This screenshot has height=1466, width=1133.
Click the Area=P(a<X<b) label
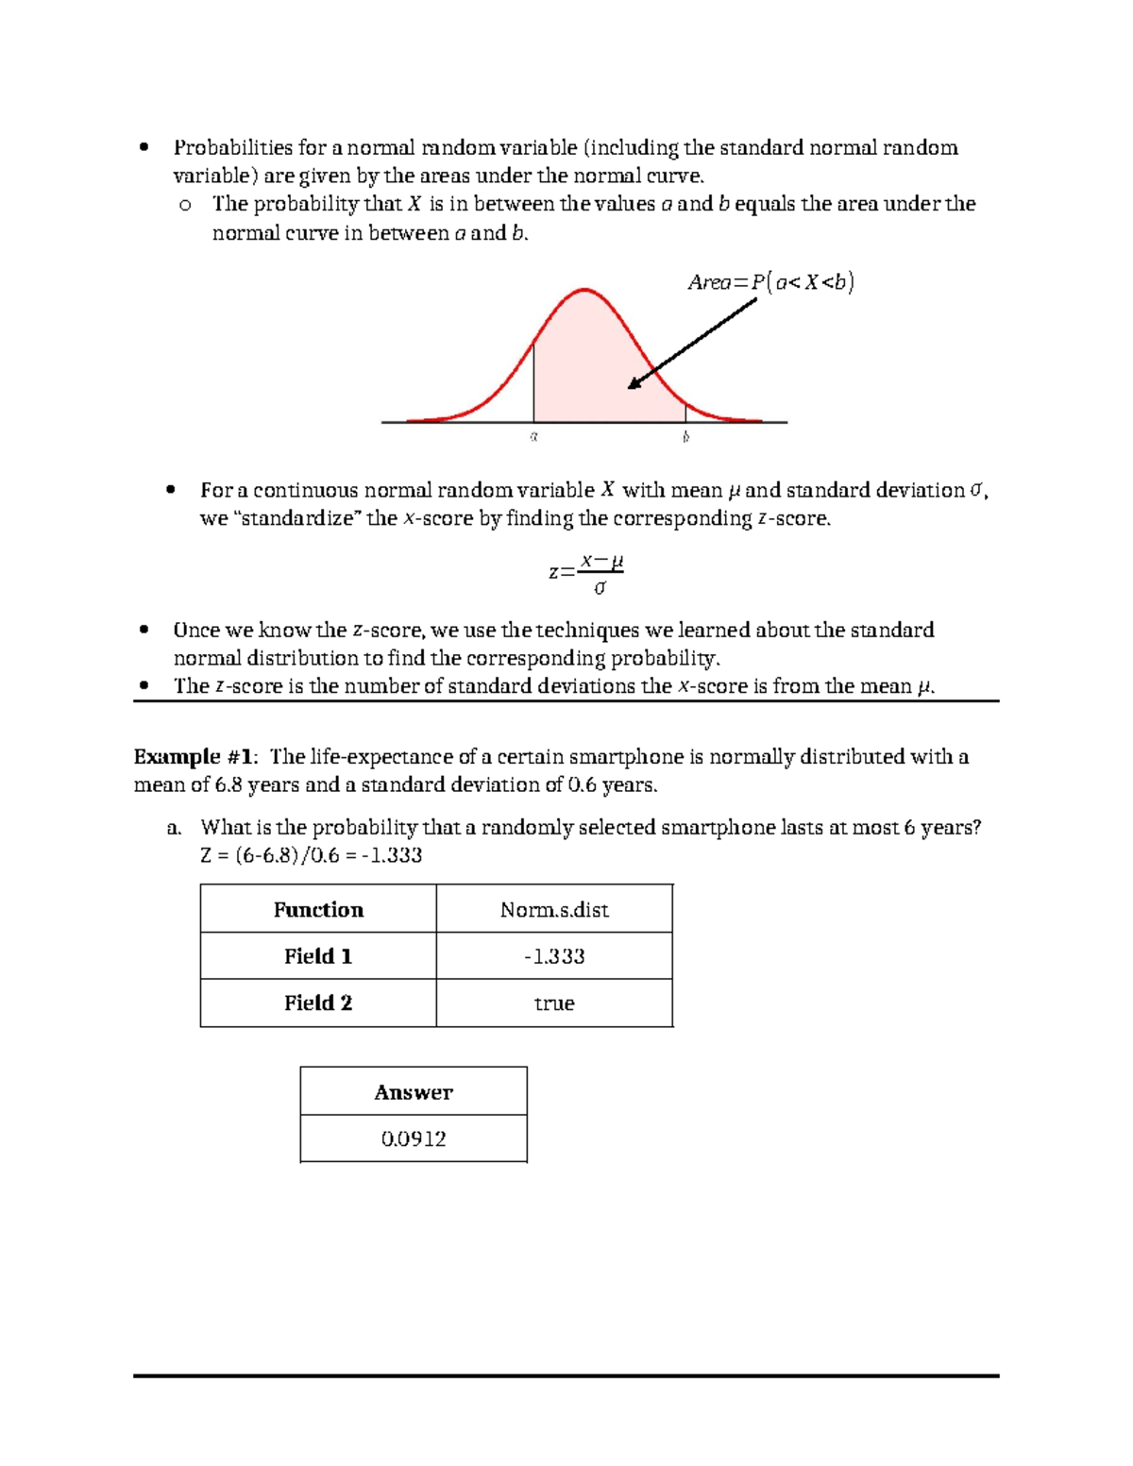click(x=770, y=282)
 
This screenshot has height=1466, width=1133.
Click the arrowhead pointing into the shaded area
click(x=634, y=384)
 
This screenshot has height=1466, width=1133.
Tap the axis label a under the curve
click(x=533, y=437)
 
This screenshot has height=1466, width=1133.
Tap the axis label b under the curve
click(x=686, y=437)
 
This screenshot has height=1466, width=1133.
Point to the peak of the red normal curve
click(x=585, y=290)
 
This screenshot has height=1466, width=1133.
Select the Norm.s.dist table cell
click(x=554, y=910)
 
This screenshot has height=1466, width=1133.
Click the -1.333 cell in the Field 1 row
click(x=554, y=956)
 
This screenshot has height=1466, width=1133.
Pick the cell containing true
click(x=554, y=1003)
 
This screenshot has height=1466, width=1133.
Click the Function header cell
click(x=318, y=910)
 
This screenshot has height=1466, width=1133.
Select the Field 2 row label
click(x=318, y=1003)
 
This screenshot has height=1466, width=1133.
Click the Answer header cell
click(x=414, y=1092)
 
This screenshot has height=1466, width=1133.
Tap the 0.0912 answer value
click(x=414, y=1139)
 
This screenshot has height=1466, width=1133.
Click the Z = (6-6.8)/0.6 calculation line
click(x=311, y=856)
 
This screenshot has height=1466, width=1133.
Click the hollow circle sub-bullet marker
click(x=185, y=205)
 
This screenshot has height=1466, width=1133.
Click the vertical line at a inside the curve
click(x=534, y=382)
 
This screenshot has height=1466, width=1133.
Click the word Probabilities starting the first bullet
click(x=232, y=148)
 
